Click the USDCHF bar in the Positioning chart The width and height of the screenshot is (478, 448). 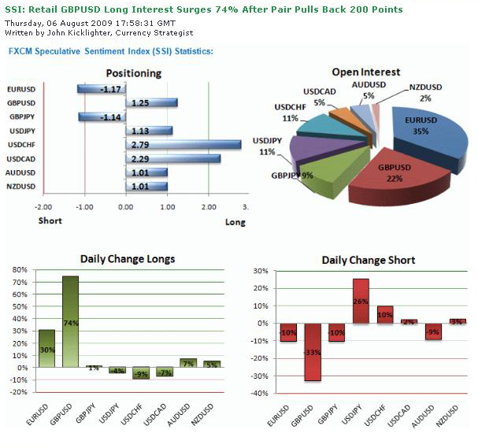click(x=183, y=145)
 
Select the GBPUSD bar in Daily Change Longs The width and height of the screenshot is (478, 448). click(x=70, y=321)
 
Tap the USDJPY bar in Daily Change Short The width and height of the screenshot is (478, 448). click(x=361, y=301)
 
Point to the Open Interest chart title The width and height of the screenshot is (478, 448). click(x=365, y=72)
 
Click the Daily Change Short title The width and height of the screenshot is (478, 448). click(x=369, y=260)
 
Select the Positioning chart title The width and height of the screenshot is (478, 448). click(x=134, y=73)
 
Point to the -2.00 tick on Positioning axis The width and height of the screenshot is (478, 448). click(x=43, y=206)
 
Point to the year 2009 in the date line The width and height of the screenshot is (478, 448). click(x=86, y=23)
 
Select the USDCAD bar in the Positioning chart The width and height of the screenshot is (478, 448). click(x=172, y=158)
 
